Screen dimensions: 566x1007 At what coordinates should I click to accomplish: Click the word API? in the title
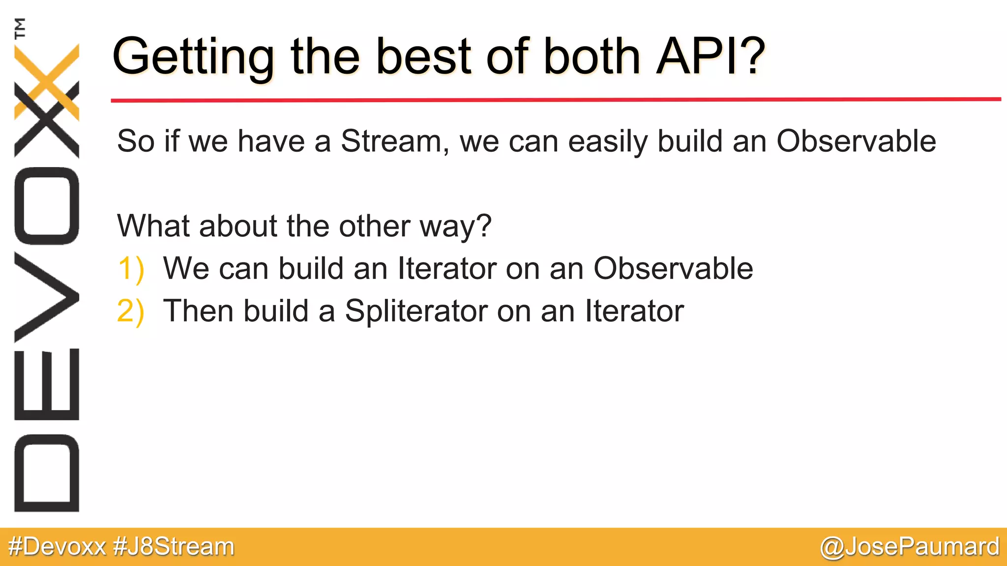coord(711,57)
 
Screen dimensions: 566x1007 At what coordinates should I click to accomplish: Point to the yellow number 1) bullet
coord(131,269)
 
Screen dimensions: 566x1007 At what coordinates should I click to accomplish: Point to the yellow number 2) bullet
coord(131,311)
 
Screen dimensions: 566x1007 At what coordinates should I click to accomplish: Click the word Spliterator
coord(416,311)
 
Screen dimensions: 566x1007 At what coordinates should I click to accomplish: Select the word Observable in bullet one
coord(673,269)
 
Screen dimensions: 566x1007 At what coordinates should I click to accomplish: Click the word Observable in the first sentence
coord(856,141)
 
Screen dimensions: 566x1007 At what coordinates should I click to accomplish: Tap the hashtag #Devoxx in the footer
coord(57,547)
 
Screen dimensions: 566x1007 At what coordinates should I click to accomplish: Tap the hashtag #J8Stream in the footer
coord(174,547)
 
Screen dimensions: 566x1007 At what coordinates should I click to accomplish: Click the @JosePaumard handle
coord(909,547)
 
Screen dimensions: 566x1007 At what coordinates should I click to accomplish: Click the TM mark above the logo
coord(20,28)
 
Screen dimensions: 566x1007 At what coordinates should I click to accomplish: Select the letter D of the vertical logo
coord(47,473)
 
